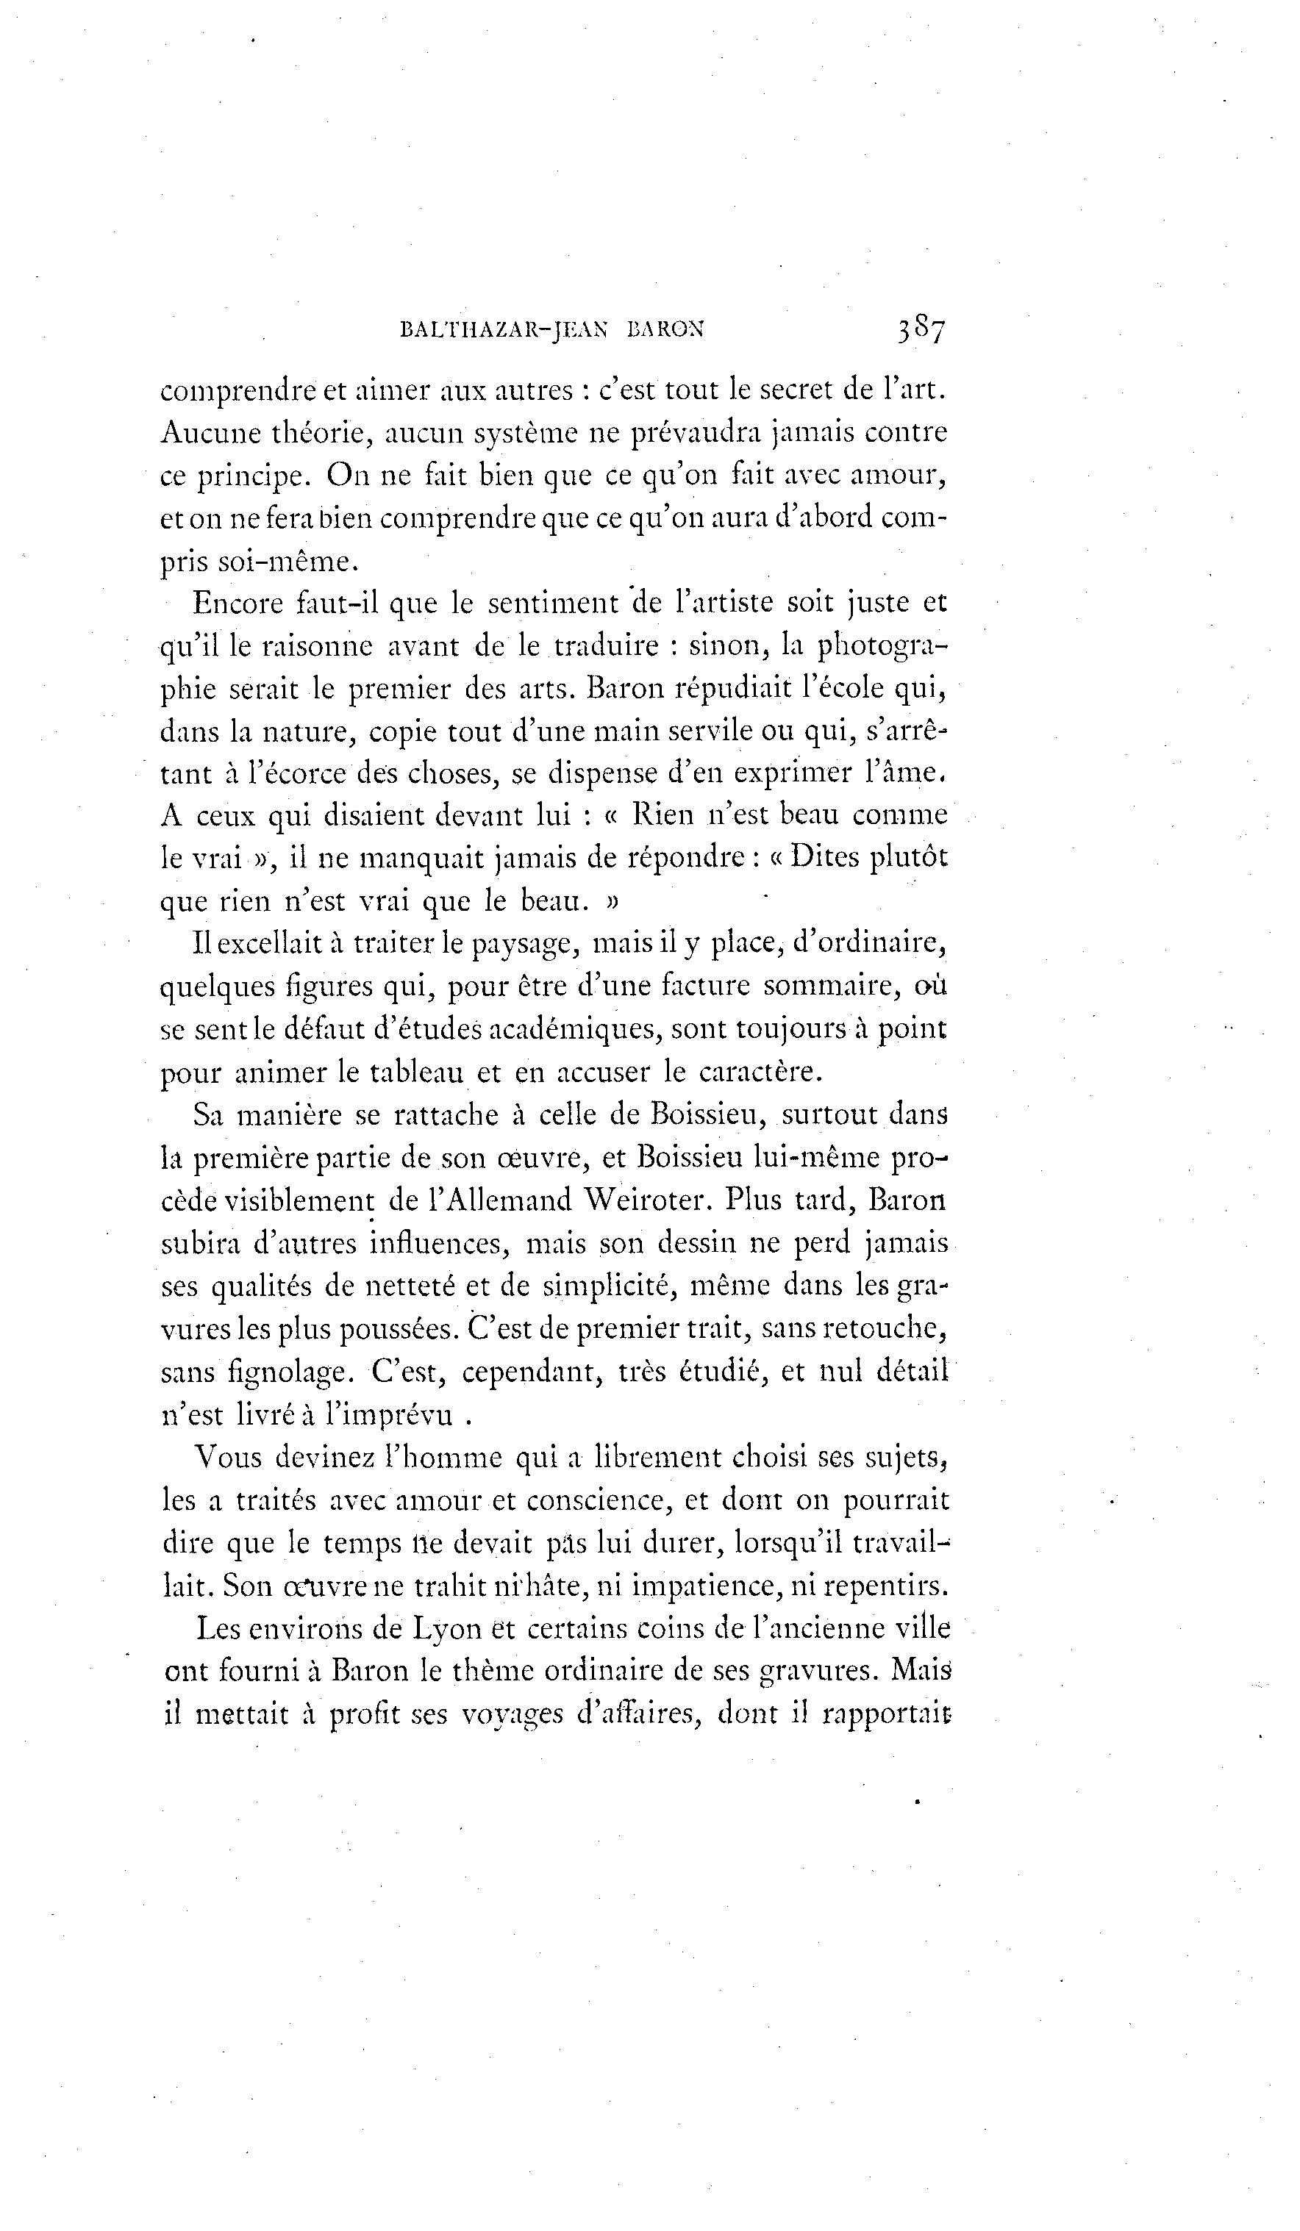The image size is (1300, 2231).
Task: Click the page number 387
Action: (x=921, y=330)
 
